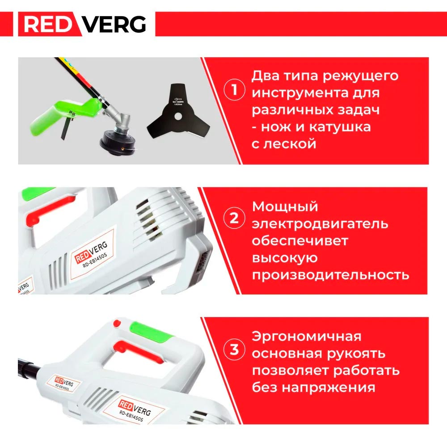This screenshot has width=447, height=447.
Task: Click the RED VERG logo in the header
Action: click(x=85, y=24)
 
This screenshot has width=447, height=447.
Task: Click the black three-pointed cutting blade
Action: click(x=178, y=114)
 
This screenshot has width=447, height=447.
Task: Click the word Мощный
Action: click(x=285, y=207)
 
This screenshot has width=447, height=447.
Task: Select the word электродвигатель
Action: click(x=320, y=223)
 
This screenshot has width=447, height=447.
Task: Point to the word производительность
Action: click(x=330, y=274)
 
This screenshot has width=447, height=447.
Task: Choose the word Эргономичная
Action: click(x=306, y=336)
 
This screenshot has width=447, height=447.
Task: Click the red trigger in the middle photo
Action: click(x=43, y=216)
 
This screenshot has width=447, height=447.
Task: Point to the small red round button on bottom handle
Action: click(x=117, y=323)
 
